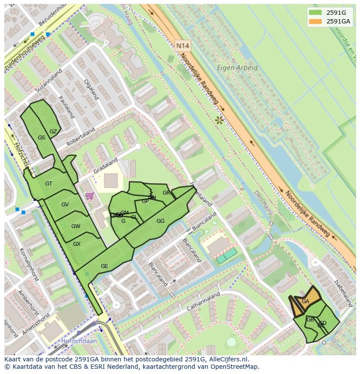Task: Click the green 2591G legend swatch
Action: coord(316,13)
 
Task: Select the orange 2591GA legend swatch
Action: coord(316,21)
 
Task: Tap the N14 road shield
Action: coord(183,45)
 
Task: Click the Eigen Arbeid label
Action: coord(237,68)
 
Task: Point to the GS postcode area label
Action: coord(41,138)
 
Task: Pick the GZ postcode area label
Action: coord(53,132)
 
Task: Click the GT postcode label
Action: coord(49,184)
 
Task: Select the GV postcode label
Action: coord(65,205)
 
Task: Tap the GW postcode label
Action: coord(76,226)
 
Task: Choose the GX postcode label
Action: coord(77,244)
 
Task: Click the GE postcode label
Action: coord(104,266)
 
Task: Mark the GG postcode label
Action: coord(160,221)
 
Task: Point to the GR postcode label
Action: coord(166,193)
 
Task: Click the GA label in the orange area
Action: coord(305,301)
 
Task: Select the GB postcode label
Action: coord(310,320)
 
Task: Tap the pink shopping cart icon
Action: coord(90,196)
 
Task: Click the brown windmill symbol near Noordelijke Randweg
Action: coord(219,119)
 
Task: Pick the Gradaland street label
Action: coord(106,166)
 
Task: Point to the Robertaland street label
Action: coord(81,137)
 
